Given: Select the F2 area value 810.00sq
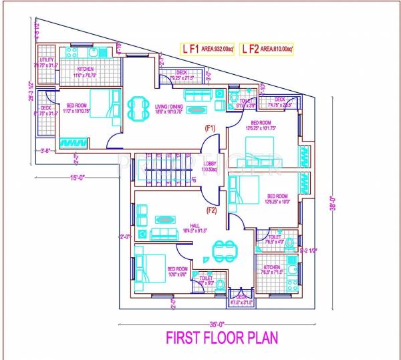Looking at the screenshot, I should [275, 48].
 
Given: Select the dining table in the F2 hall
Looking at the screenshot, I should [222, 250].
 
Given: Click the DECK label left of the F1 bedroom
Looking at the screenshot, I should [46, 108].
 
